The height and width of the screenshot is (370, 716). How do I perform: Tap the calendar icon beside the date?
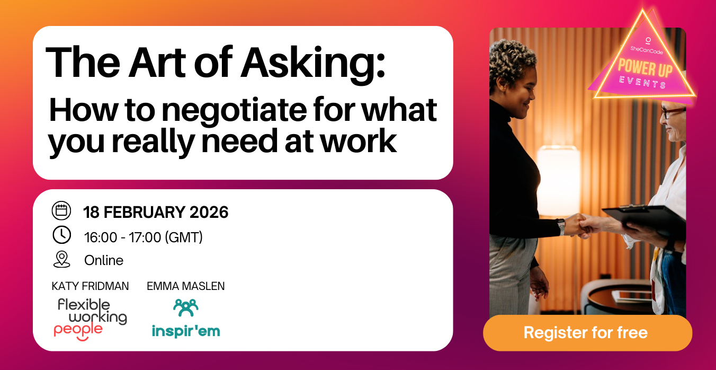[x=61, y=210]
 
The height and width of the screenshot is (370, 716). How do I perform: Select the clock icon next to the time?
[x=61, y=235]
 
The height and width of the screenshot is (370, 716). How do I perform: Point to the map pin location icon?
[x=61, y=259]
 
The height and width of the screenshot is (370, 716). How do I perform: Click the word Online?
[x=104, y=260]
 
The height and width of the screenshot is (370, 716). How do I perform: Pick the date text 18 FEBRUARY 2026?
[x=156, y=212]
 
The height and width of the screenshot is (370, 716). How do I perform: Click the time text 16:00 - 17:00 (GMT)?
[x=144, y=237]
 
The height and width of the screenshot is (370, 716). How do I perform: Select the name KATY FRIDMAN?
[x=90, y=286]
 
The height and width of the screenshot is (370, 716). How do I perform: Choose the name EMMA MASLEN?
[x=185, y=286]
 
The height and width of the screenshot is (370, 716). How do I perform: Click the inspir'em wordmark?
[x=185, y=331]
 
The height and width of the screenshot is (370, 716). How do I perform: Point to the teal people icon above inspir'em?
[x=185, y=307]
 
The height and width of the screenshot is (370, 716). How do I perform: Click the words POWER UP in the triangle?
[x=645, y=68]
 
